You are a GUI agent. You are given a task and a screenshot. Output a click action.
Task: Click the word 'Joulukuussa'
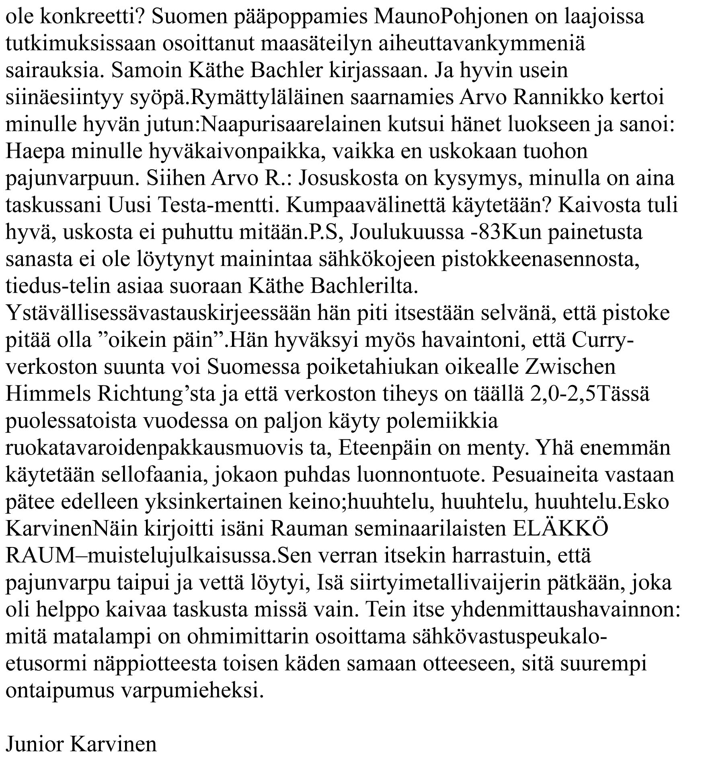[407, 232]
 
